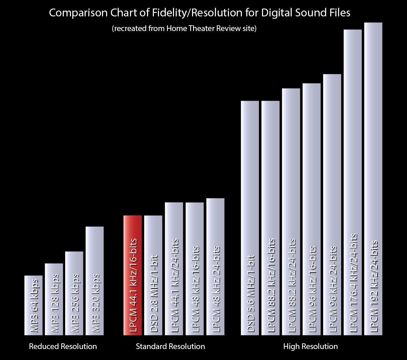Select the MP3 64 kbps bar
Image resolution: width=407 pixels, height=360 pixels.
point(33,305)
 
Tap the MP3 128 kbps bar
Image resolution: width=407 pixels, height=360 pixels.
point(54,299)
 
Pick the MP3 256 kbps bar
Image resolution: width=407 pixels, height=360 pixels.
point(74,293)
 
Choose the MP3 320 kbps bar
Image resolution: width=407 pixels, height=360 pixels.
point(95,280)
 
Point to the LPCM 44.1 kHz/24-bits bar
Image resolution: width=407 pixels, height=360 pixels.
point(174,269)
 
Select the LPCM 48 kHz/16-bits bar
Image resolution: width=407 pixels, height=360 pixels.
point(194,269)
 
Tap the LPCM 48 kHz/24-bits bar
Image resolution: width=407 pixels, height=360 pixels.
point(215,267)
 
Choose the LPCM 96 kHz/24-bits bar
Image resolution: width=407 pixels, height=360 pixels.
point(332,204)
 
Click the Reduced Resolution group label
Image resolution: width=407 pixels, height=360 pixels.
point(63,347)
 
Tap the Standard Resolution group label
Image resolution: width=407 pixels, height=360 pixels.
point(170,347)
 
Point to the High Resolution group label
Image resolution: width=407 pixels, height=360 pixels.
point(310,347)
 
